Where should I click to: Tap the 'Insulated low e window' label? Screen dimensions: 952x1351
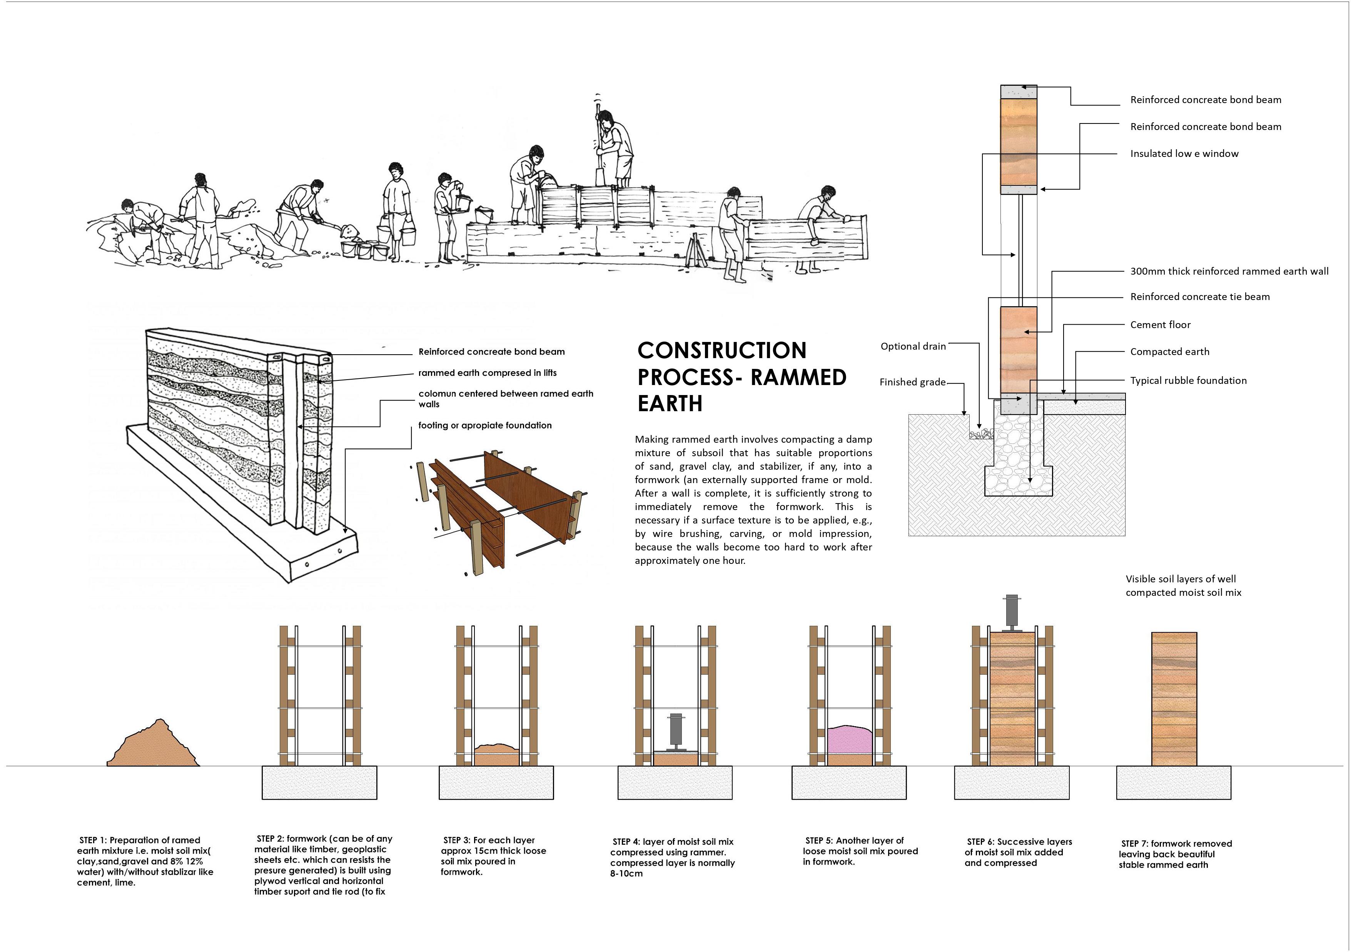click(1184, 153)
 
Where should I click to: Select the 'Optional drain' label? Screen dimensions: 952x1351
click(913, 346)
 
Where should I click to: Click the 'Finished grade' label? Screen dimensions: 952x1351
click(912, 382)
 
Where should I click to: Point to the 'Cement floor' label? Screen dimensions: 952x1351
click(1160, 325)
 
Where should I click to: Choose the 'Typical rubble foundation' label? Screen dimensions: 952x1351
click(1188, 380)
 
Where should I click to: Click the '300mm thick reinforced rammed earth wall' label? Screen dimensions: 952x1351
click(1229, 271)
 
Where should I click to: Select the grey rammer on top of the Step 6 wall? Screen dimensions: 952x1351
click(1012, 612)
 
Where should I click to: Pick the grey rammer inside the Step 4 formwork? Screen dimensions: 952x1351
click(676, 730)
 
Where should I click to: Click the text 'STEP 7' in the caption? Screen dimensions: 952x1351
click(1134, 844)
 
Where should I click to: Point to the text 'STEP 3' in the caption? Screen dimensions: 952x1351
click(456, 840)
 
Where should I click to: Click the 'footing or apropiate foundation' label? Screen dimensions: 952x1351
click(485, 425)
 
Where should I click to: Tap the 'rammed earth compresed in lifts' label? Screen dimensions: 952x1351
click(487, 373)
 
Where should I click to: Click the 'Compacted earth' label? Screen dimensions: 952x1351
click(1169, 352)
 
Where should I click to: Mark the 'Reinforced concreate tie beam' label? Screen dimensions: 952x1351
click(1199, 297)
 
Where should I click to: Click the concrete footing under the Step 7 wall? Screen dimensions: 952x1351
click(1173, 783)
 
